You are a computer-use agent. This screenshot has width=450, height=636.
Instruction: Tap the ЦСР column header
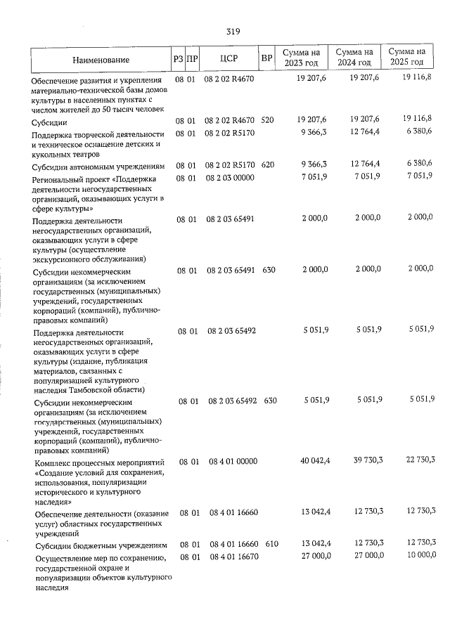(x=229, y=59)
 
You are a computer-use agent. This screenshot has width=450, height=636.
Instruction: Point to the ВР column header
(x=266, y=59)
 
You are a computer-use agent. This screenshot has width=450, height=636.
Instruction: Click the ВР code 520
(x=267, y=120)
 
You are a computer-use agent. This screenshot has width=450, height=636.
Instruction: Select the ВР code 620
(x=267, y=166)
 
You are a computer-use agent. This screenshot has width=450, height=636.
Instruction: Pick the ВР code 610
(x=271, y=545)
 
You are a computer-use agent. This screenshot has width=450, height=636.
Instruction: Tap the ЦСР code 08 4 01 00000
(x=234, y=461)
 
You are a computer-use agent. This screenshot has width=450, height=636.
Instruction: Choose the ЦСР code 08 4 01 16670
(x=234, y=555)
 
